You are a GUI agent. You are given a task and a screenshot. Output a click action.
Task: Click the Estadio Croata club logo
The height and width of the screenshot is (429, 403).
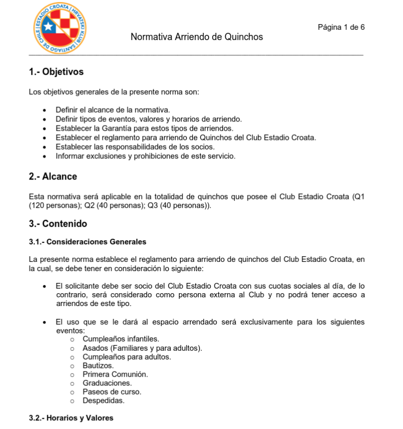(x=60, y=28)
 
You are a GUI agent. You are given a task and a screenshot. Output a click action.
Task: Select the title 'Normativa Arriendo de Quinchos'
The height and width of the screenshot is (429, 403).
(x=197, y=37)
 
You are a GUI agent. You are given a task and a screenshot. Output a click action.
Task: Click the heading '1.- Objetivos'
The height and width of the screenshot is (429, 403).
(x=57, y=72)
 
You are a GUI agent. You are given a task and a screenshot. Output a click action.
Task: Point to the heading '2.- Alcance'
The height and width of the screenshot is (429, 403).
(x=53, y=176)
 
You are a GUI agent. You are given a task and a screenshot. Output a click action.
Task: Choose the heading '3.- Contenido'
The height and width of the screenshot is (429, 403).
(x=58, y=224)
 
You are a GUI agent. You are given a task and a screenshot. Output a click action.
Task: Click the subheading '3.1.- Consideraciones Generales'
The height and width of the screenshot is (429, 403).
(x=88, y=242)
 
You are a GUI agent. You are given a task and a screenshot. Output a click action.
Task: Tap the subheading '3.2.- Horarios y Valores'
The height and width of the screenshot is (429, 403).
(x=71, y=418)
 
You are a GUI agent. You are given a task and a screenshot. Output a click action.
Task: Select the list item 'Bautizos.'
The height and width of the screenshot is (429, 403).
(x=98, y=366)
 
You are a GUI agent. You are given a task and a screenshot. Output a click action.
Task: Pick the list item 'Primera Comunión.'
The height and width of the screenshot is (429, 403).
(x=115, y=374)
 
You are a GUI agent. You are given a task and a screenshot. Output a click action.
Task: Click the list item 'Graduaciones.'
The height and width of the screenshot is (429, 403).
(x=107, y=383)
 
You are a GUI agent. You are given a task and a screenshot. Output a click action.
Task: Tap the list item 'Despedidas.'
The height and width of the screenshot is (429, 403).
(x=103, y=401)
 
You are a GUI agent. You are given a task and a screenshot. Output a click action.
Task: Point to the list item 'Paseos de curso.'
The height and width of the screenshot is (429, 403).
(x=112, y=392)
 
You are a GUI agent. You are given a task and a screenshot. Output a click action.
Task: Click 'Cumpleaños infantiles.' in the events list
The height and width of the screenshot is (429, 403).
(x=121, y=339)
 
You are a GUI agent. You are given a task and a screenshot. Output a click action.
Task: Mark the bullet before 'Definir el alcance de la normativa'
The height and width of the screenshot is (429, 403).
(x=45, y=111)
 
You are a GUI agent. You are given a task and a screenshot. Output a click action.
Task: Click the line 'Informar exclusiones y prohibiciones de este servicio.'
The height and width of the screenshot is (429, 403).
(x=145, y=156)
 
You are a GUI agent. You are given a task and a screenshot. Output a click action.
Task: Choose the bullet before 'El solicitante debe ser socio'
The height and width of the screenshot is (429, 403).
(x=45, y=286)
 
